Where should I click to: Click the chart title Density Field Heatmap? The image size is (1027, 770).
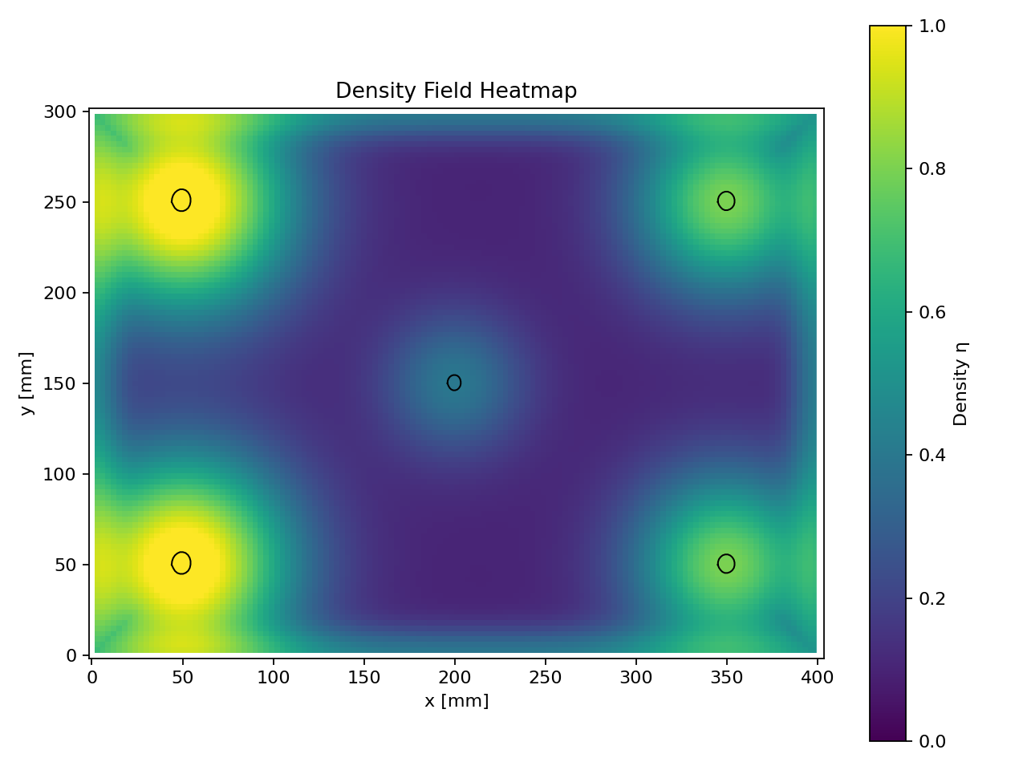456,91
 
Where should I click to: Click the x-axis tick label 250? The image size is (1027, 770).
546,678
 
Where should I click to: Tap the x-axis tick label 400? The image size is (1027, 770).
818,678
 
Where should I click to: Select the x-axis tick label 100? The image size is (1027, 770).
273,678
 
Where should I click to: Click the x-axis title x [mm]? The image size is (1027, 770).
457,701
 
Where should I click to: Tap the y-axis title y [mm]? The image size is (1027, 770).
26,383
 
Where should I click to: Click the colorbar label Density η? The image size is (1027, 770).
960,383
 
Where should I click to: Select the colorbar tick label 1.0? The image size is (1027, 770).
932,26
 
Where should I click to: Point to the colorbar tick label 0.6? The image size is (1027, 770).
932,312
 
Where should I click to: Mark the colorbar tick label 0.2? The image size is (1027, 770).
932,598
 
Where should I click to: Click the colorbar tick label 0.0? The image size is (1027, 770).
932,741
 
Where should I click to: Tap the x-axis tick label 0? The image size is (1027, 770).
92,678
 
